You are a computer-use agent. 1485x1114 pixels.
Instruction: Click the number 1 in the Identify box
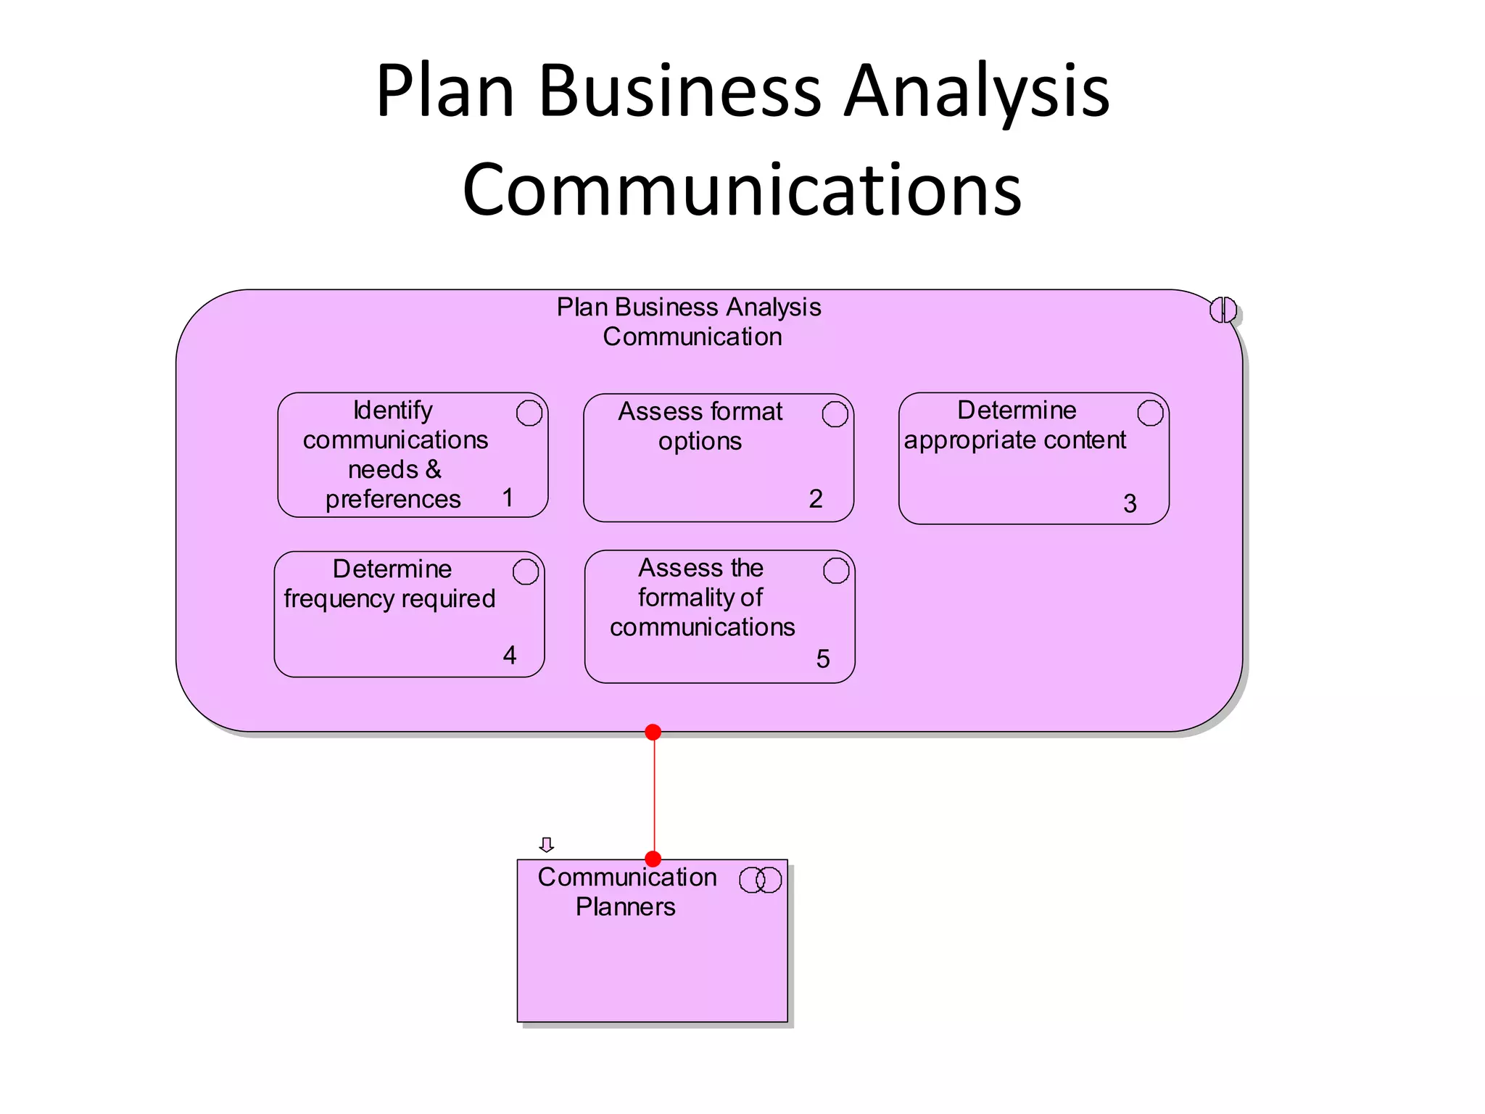508,498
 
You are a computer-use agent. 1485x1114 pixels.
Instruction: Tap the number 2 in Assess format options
816,499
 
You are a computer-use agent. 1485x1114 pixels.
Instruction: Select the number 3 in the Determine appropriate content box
1130,503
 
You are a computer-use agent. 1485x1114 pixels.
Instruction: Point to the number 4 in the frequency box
510,656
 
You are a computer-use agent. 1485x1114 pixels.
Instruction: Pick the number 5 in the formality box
823,659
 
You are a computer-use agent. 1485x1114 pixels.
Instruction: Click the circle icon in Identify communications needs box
529,413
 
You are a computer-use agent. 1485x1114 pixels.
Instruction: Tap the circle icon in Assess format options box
835,415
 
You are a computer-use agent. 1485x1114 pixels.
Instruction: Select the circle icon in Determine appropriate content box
1150,413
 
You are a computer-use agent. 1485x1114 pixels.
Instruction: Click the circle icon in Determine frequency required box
526,572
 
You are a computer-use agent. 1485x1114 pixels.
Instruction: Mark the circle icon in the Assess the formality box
836,572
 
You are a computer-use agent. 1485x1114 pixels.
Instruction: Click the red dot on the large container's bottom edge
653,733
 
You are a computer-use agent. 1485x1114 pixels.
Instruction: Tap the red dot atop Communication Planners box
653,859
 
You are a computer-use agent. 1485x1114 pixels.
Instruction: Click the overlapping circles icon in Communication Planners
760,880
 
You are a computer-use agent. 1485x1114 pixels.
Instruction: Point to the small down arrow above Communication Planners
547,845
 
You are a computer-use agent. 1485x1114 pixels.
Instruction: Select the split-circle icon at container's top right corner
1223,310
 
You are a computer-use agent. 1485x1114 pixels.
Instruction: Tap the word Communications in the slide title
742,190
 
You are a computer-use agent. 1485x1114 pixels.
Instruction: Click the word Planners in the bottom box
625,907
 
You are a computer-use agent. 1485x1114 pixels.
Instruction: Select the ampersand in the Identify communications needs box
434,470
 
